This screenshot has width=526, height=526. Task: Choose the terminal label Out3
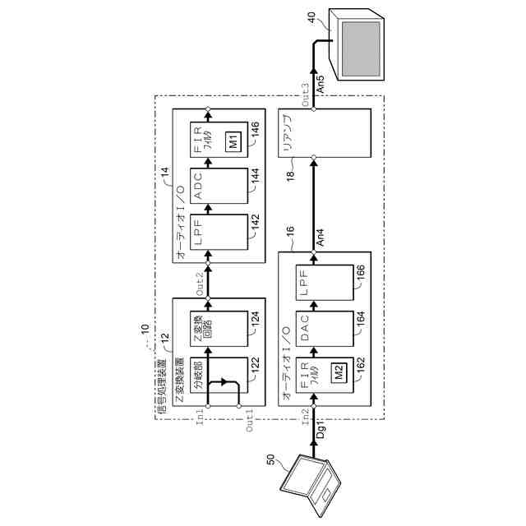point(305,93)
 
